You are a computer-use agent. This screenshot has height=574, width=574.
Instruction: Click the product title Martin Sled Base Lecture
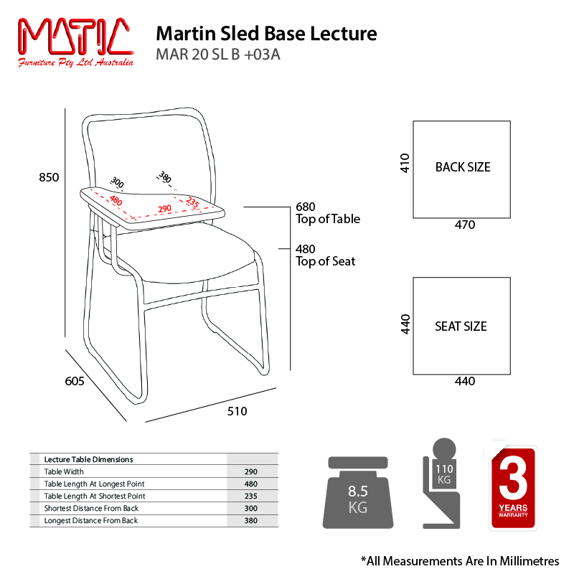pos(266,34)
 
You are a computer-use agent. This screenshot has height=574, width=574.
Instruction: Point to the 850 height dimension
pos(49,177)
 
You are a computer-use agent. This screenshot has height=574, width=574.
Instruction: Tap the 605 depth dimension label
pos(75,382)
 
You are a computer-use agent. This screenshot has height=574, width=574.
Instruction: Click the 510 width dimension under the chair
pos(237,411)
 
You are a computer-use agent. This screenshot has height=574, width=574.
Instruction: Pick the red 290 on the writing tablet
pos(164,209)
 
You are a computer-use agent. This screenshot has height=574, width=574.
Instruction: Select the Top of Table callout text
pos(328,219)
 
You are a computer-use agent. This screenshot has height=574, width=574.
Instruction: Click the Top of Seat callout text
pos(326,261)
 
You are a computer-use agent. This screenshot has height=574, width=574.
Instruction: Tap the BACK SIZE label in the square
pos(463,167)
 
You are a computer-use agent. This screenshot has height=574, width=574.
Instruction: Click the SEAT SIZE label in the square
pos(461,326)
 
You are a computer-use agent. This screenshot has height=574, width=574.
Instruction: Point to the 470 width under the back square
pos(465,225)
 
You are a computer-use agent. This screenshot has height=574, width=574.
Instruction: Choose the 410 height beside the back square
pos(405,164)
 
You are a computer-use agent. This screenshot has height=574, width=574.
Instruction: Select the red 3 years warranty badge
pos(513,488)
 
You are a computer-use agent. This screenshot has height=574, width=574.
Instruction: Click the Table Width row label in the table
pos(64,471)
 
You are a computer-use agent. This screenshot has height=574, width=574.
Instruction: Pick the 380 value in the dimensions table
pos(251,520)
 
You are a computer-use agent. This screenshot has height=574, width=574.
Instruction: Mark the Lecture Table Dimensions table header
pos(88,459)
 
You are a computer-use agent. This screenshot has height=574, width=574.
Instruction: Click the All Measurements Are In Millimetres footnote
pos(459,560)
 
